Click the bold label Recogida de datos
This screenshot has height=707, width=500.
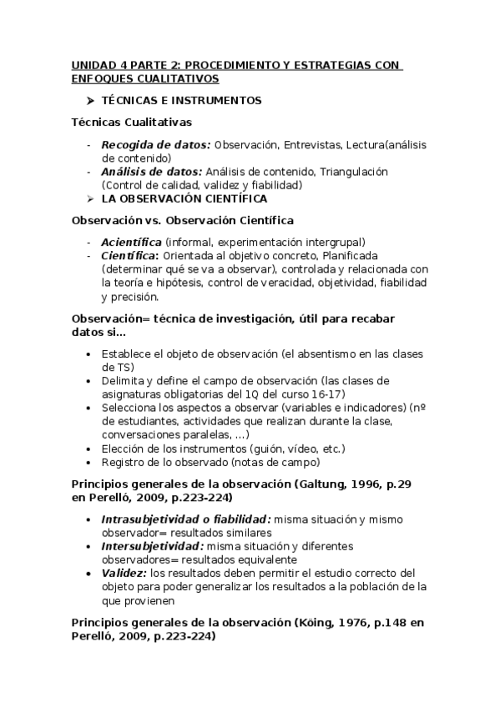[155, 144]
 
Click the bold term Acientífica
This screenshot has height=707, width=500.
[131, 242]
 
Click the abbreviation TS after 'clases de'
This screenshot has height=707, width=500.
[124, 367]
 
